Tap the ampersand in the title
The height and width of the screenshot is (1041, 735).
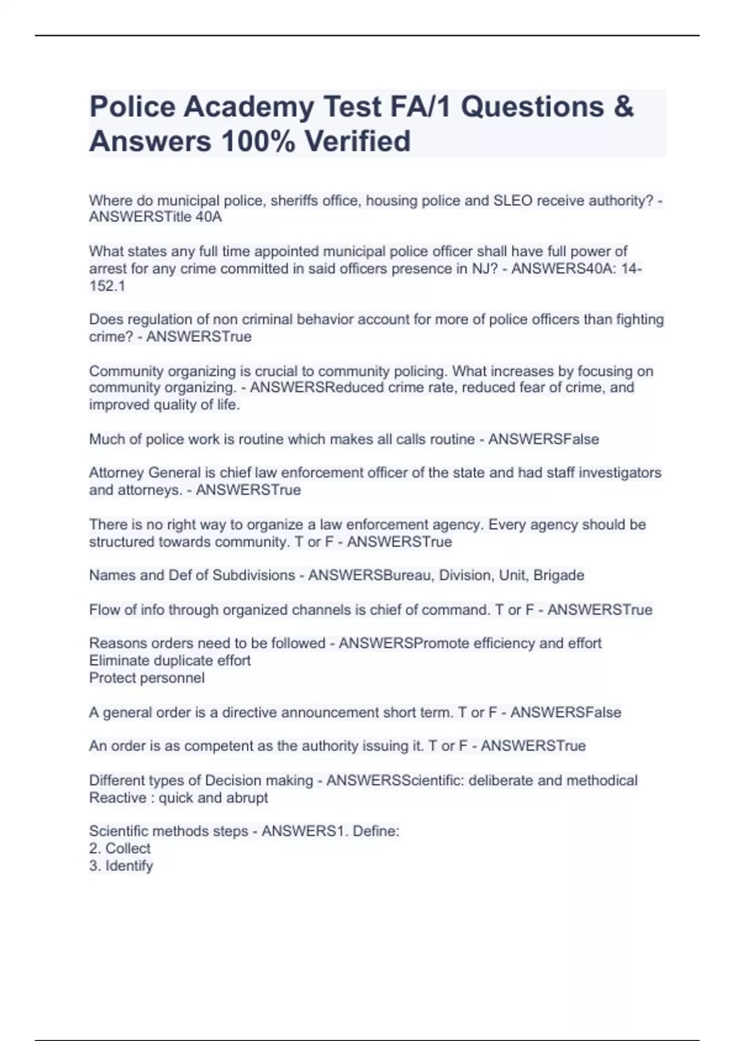[x=623, y=107]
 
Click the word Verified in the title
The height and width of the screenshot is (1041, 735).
[x=358, y=141]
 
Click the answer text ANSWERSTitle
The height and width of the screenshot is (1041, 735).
[x=140, y=217]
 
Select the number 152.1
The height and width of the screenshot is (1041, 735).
[x=107, y=286]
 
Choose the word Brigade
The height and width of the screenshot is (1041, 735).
[x=559, y=576]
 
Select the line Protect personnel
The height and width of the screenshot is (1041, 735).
[x=147, y=678]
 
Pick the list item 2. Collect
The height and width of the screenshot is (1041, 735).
[x=119, y=849]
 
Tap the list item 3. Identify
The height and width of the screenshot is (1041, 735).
[x=121, y=866]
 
